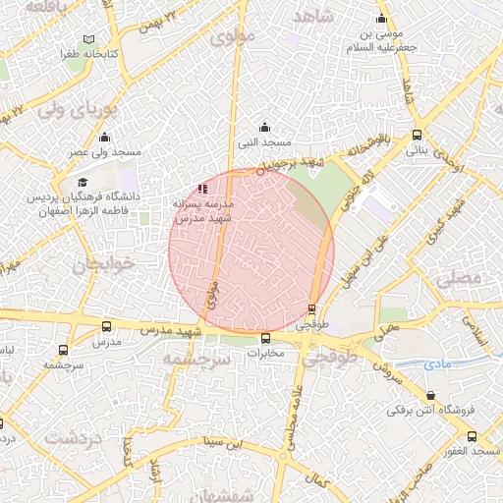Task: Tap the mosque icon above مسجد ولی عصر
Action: [x=104, y=138]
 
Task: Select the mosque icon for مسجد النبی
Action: [x=263, y=127]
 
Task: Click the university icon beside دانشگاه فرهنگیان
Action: [x=83, y=183]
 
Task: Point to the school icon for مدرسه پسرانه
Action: [x=202, y=188]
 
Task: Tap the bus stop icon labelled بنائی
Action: [x=418, y=135]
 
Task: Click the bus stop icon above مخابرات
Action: [x=265, y=339]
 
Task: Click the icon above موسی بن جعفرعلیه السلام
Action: [x=381, y=20]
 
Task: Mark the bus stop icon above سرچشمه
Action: [x=64, y=350]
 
